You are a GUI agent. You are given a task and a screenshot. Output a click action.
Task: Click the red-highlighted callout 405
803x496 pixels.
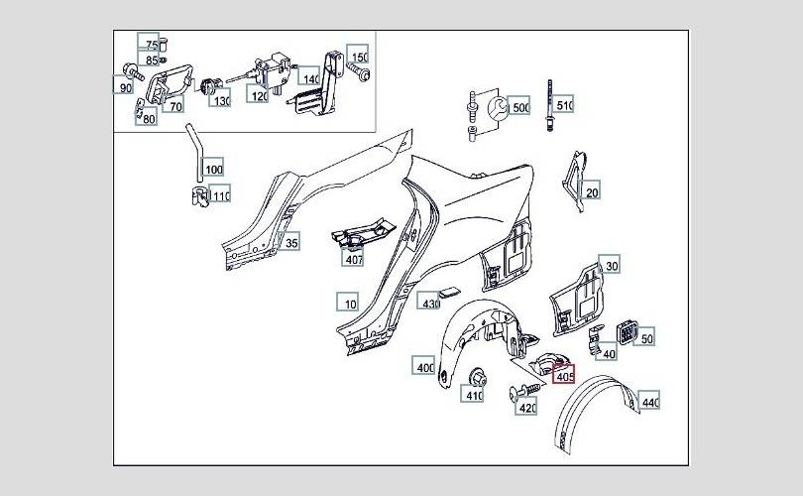tap(564, 375)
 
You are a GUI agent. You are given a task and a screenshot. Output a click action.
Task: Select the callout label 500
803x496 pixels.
tap(519, 105)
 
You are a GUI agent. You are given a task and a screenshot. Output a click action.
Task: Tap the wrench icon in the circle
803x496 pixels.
tap(498, 108)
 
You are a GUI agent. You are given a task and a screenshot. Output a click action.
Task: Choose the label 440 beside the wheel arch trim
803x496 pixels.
tap(649, 401)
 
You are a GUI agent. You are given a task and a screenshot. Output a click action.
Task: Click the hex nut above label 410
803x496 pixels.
tap(477, 378)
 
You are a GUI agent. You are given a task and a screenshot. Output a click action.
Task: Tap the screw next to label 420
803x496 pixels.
tap(524, 391)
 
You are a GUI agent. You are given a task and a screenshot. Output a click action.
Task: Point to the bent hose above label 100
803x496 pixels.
tap(195, 152)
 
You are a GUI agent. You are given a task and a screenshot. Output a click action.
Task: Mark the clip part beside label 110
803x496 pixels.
tap(199, 197)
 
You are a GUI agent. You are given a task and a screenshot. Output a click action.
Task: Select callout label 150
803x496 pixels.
tap(358, 55)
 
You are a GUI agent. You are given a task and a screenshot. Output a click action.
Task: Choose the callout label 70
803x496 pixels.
tap(173, 104)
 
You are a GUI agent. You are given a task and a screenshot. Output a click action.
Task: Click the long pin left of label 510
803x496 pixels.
tap(550, 106)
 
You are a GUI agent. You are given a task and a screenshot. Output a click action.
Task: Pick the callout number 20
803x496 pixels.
tap(590, 190)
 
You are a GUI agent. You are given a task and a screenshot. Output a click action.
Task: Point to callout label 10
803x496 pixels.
tap(348, 302)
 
